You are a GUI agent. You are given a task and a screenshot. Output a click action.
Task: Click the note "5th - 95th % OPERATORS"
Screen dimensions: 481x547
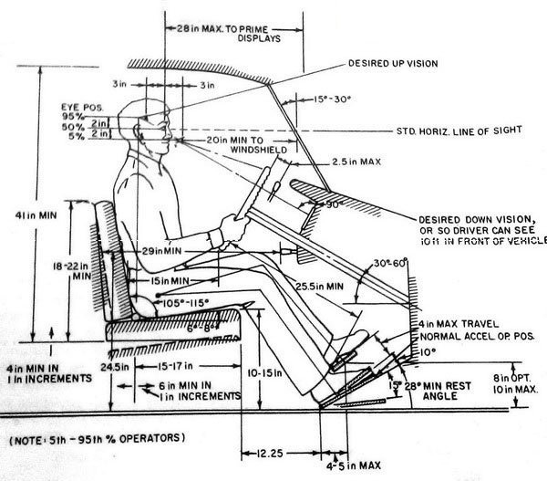point(98,437)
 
